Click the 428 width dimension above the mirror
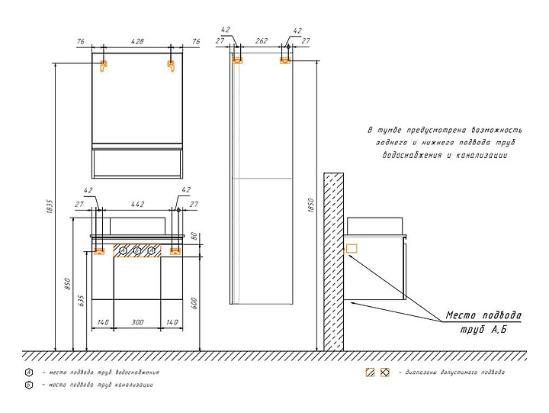coord(137,41)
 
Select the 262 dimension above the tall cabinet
coord(261,43)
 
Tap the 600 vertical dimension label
coord(195,302)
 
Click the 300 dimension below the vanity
coord(137,323)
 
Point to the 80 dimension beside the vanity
coord(195,236)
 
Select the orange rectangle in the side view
coord(352,248)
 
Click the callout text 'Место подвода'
coord(483,315)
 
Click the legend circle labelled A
coord(28,373)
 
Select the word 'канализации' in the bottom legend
coord(133,386)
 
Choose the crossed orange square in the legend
coord(385,373)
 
